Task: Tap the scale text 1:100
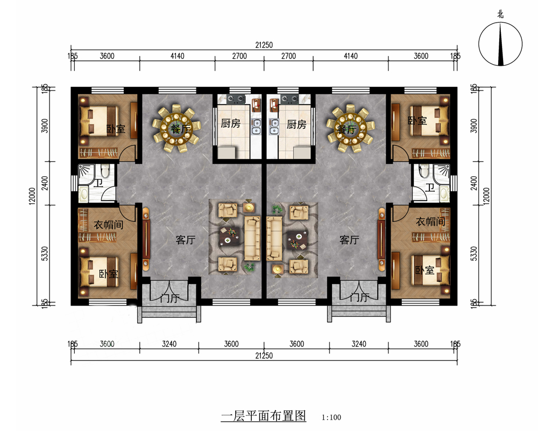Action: pyautogui.click(x=331, y=417)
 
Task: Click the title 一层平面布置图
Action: pyautogui.click(x=264, y=416)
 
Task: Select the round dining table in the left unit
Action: pyautogui.click(x=176, y=129)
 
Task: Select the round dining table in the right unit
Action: pyautogui.click(x=350, y=129)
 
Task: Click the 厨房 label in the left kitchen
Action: pyautogui.click(x=231, y=123)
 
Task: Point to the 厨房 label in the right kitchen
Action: pyautogui.click(x=296, y=124)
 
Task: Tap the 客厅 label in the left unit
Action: pyautogui.click(x=186, y=240)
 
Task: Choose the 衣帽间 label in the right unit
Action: pyautogui.click(x=430, y=221)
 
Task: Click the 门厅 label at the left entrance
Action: pyautogui.click(x=169, y=297)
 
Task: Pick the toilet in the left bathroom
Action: pyautogui.click(x=105, y=170)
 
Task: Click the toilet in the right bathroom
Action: pyautogui.click(x=424, y=170)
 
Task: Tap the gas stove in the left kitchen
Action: pyautogui.click(x=236, y=99)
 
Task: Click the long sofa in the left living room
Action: pyautogui.click(x=252, y=238)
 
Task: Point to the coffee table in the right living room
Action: pyautogui.click(x=297, y=239)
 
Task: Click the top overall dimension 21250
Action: pyautogui.click(x=264, y=45)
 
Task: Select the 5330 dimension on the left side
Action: pyautogui.click(x=45, y=254)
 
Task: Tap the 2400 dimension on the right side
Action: pyautogui.click(x=474, y=183)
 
